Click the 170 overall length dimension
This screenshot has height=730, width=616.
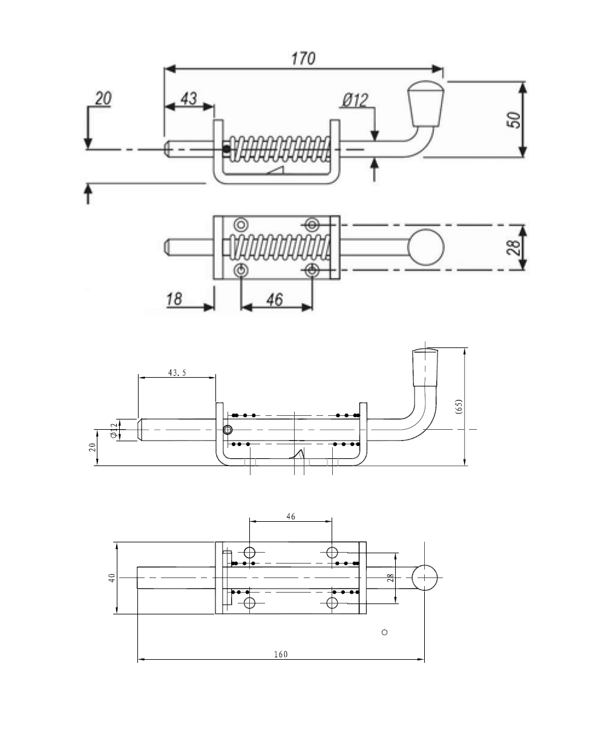(303, 58)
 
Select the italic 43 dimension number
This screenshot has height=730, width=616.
(189, 98)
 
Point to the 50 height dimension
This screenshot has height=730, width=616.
(513, 119)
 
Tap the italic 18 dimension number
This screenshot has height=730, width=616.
(174, 299)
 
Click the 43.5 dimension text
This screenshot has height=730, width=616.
(176, 373)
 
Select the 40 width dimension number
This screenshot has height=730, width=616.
(111, 578)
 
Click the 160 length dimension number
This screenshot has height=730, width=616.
(281, 654)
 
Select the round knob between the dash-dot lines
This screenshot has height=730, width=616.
(426, 248)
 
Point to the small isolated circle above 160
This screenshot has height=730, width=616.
(384, 633)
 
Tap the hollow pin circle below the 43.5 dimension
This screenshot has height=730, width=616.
(228, 430)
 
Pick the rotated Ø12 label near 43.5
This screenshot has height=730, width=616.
(113, 430)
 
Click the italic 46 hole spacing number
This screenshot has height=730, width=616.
(274, 299)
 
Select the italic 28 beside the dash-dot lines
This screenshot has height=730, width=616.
(513, 247)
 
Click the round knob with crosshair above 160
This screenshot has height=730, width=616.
(425, 578)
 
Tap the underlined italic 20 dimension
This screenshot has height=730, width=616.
(103, 98)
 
